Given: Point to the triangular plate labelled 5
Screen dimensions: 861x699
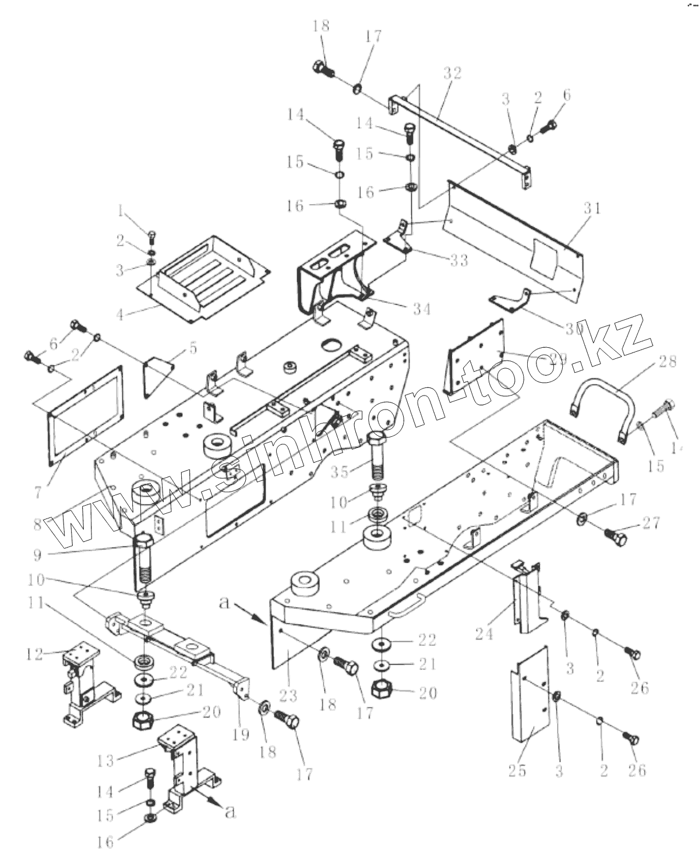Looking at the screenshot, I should click(158, 373).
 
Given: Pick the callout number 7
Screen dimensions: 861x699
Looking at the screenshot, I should click(38, 492).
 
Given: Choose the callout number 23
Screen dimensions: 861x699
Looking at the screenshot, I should click(288, 695).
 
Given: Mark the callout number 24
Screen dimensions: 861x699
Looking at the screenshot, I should click(485, 632).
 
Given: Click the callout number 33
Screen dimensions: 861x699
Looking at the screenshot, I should click(459, 260).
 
